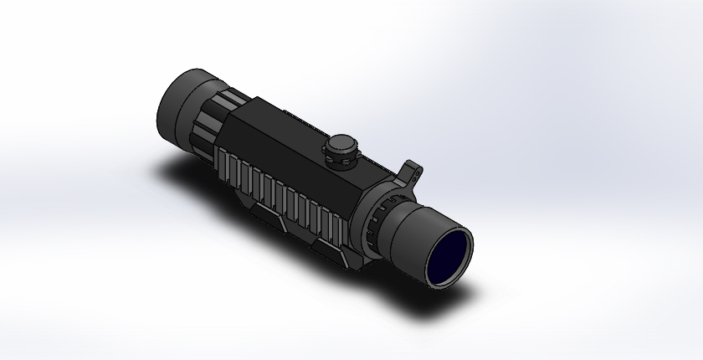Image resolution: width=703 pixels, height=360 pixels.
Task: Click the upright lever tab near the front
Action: coord(413,172)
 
